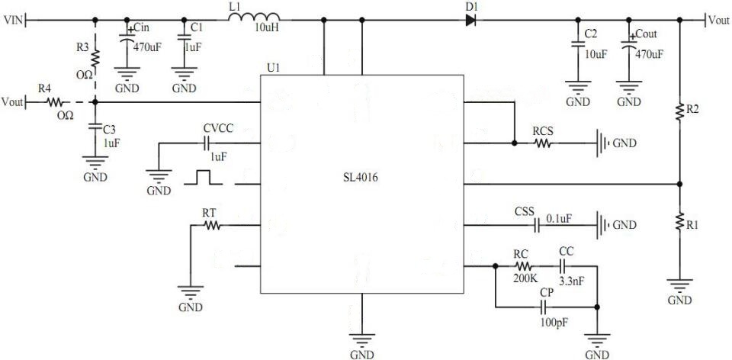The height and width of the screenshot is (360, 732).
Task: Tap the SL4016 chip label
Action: coord(361,178)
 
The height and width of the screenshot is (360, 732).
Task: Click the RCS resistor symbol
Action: coord(542,142)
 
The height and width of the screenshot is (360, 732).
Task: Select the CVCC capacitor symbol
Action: coord(205,142)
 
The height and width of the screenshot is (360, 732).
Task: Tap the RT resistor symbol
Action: coord(211,226)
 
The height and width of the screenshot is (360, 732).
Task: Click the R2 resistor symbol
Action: coord(680,112)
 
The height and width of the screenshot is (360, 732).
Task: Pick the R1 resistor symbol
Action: coord(680,223)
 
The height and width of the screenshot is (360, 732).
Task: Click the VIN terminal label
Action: coord(13,20)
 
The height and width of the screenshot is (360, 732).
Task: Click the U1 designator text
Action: coord(272,67)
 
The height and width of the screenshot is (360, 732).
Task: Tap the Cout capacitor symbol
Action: coord(629,47)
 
